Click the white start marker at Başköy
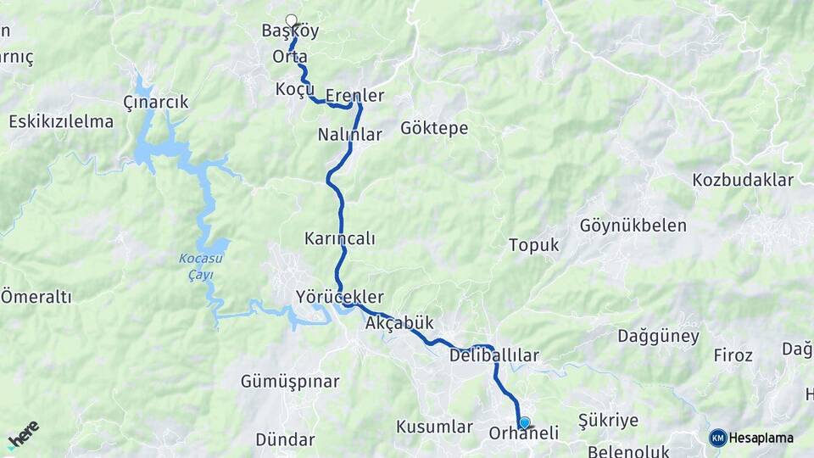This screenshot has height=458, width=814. click(x=292, y=20)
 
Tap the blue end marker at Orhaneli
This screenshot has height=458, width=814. click(x=524, y=422)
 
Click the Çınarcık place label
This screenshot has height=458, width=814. click(x=155, y=102)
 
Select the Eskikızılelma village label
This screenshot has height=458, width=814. click(x=61, y=121)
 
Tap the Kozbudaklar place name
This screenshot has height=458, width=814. click(x=742, y=180)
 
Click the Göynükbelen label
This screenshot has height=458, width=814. click(x=633, y=226)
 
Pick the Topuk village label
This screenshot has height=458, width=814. click(x=533, y=245)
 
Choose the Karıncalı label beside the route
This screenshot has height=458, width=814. click(x=339, y=238)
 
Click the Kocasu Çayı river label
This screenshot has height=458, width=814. click(x=196, y=266)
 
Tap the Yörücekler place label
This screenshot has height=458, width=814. click(x=339, y=297)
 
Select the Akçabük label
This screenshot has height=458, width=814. click(x=399, y=323)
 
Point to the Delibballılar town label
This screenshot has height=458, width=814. click(x=494, y=355)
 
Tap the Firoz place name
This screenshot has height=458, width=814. click(x=733, y=355)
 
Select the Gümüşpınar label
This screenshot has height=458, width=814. click(x=290, y=382)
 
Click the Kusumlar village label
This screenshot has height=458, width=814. click(x=434, y=427)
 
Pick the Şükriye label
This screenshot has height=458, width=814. click(x=607, y=420)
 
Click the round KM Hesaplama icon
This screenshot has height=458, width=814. click(x=718, y=438)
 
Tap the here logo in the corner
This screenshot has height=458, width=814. click(x=23, y=434)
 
